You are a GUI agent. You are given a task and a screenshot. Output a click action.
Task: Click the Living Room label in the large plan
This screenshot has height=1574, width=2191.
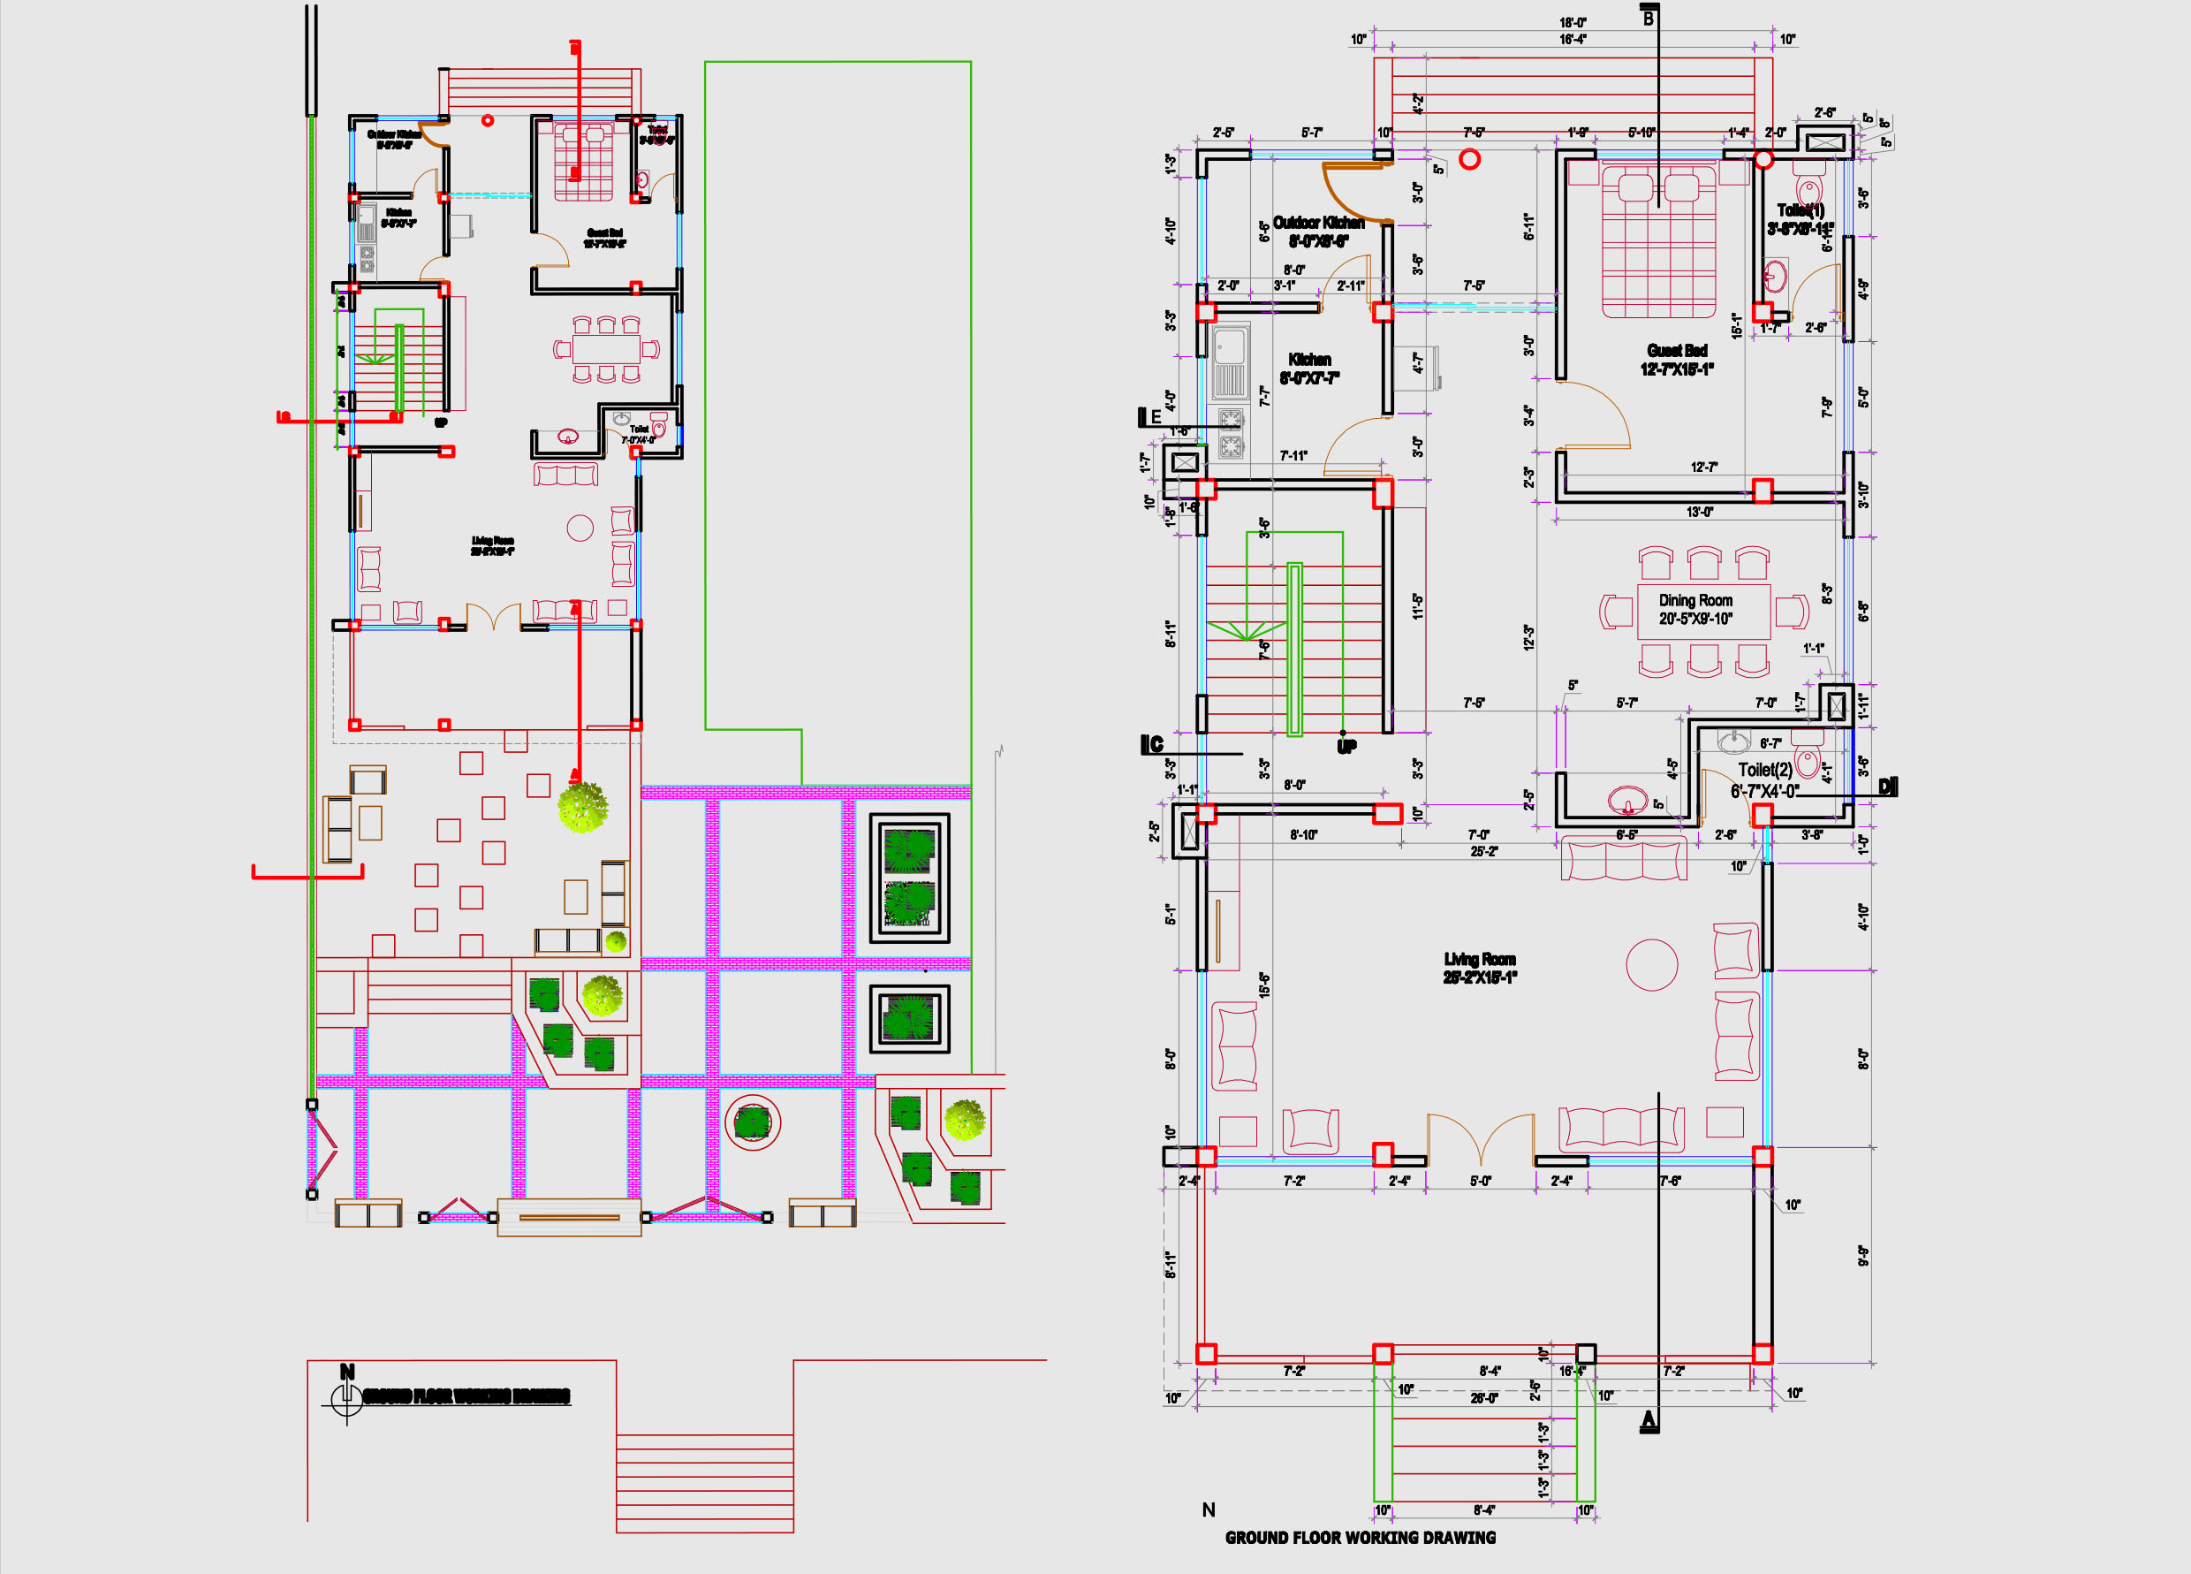pos(1479,967)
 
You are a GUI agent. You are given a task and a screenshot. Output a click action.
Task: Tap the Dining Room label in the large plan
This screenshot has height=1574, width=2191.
pos(1695,609)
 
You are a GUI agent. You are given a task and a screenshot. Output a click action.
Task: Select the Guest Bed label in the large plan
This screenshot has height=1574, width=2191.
pos(1677,359)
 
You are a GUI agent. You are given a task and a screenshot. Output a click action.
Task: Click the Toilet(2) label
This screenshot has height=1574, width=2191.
pos(1765,779)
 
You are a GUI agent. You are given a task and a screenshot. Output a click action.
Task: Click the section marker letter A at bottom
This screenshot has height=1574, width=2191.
pos(1649,1420)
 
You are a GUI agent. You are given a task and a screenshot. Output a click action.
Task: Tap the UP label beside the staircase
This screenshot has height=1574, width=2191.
pos(1346,746)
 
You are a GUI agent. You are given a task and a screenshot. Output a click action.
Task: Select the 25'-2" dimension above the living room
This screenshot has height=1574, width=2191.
pos(1484,851)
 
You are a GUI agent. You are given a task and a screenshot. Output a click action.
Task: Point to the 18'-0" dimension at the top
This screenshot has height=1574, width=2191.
pos(1573,22)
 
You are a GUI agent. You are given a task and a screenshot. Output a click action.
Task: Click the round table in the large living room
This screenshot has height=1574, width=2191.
pos(1652,964)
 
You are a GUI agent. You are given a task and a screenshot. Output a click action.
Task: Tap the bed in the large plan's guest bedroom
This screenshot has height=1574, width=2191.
pos(1658,241)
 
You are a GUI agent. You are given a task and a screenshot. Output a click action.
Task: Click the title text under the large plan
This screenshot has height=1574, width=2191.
pos(1361,1537)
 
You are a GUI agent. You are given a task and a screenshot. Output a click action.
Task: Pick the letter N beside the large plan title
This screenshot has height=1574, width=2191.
pos(1209,1509)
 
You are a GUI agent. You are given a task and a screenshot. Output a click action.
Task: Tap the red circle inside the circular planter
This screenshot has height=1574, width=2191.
pos(753,1122)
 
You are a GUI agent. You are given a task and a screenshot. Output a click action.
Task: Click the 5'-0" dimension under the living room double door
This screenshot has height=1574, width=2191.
pos(1480,1181)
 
